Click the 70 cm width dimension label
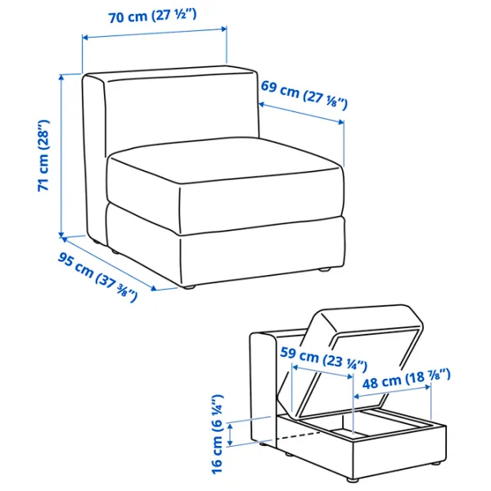point(152,16)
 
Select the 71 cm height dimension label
point(43,155)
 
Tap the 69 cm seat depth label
point(304,95)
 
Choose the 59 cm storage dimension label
point(323,359)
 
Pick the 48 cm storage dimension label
point(406,379)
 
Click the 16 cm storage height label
point(217,434)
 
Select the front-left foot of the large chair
point(188,286)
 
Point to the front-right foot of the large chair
point(325,268)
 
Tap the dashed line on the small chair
point(299,435)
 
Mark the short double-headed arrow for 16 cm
point(231,434)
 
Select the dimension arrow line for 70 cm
point(155,34)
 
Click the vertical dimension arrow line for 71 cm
point(61,155)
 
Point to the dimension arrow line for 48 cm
point(392,392)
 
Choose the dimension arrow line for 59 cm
point(322,371)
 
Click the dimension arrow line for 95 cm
point(109,264)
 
